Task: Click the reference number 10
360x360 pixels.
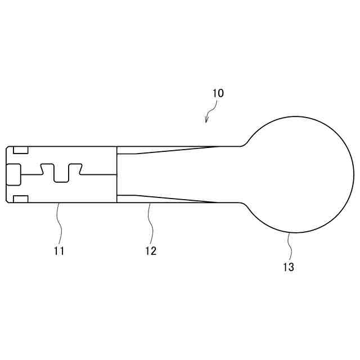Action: coord(218,93)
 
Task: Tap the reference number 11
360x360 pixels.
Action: coord(59,251)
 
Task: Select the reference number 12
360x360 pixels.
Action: coord(151,251)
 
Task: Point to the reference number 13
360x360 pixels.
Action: coord(288,268)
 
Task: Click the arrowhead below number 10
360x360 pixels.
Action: coord(207,119)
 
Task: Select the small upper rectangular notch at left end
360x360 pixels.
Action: coord(20,150)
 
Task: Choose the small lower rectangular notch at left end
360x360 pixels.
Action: coord(20,198)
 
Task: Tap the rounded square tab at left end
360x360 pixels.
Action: coord(13,174)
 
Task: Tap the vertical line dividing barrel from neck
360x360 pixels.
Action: coord(116,174)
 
